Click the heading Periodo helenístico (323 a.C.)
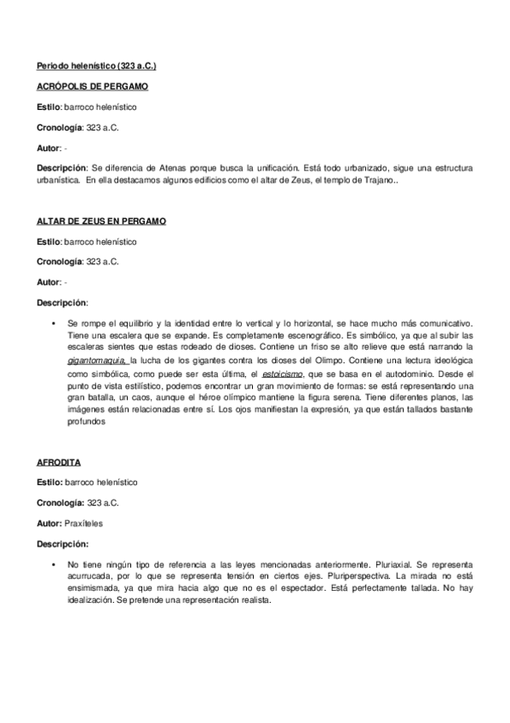(x=96, y=66)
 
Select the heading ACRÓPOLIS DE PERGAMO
(x=93, y=87)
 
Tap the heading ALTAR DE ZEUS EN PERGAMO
(x=101, y=221)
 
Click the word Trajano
(x=375, y=180)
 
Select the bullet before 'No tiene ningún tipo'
(x=54, y=564)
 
